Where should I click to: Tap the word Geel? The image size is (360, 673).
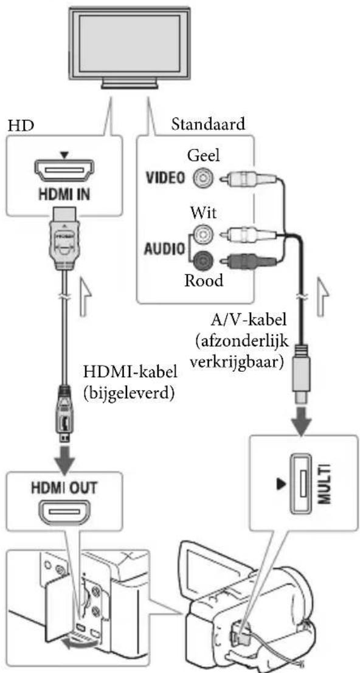[x=204, y=156]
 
